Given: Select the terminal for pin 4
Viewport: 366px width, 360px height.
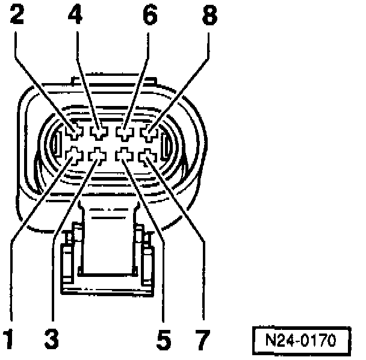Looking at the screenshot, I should pyautogui.click(x=98, y=131).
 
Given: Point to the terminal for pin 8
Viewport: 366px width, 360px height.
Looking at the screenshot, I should pyautogui.click(x=148, y=131).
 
